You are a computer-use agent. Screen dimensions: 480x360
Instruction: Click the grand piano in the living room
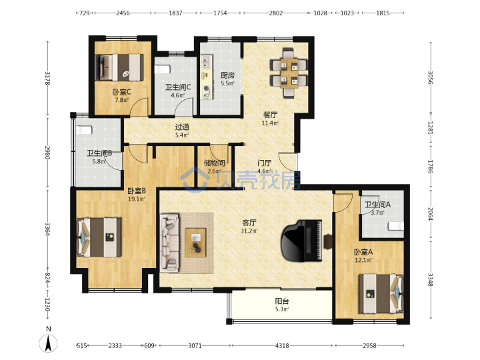pyautogui.click(x=301, y=241)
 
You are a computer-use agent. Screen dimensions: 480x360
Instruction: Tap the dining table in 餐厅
pyautogui.click(x=289, y=73)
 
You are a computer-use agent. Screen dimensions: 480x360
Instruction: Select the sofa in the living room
pyautogui.click(x=169, y=243)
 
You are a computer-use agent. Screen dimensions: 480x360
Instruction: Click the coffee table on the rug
pyautogui.click(x=195, y=242)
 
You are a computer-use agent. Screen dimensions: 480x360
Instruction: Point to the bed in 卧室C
pyautogui.click(x=119, y=67)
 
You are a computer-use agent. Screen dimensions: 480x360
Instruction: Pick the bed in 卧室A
pyautogui.click(x=381, y=293)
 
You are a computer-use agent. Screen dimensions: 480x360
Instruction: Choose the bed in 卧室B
pyautogui.click(x=99, y=237)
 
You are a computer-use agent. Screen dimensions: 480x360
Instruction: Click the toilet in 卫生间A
pyautogui.click(x=396, y=226)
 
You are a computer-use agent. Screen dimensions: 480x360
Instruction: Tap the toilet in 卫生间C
pyautogui.click(x=162, y=69)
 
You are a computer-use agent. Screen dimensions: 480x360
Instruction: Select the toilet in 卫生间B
pyautogui.click(x=84, y=130)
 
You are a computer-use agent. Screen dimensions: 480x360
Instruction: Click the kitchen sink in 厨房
pyautogui.click(x=206, y=62)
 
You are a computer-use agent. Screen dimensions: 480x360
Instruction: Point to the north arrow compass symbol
pyautogui.click(x=48, y=343)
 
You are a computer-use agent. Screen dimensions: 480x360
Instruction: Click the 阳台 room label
pyautogui.click(x=282, y=301)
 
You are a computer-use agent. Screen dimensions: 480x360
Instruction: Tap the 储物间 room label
pyautogui.click(x=214, y=163)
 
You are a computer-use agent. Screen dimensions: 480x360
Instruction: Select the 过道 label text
pyautogui.click(x=182, y=127)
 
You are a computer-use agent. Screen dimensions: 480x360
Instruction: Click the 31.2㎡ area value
pyautogui.click(x=249, y=231)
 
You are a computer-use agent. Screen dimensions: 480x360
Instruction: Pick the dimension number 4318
pyautogui.click(x=282, y=345)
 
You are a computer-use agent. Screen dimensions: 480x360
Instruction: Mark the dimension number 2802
pyautogui.click(x=276, y=13)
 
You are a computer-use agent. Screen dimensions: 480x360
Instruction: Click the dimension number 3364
pyautogui.click(x=47, y=229)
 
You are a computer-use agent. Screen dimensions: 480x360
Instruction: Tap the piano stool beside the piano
pyautogui.click(x=328, y=241)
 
